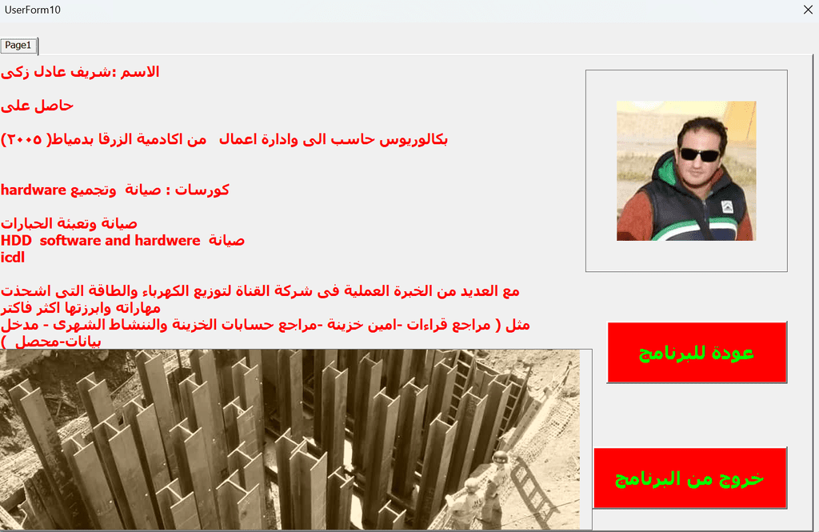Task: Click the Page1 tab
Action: coord(19,46)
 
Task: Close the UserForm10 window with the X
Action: coord(808,10)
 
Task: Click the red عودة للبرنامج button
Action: coord(697,353)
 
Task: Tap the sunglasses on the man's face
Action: coord(699,154)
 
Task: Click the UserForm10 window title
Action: coord(32,10)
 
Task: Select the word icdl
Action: coord(13,257)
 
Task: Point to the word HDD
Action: coord(16,240)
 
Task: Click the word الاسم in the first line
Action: coord(140,71)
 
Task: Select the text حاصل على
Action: coord(37,106)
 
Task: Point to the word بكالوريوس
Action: coord(413,139)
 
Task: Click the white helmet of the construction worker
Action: coord(500,458)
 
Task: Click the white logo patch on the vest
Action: coord(727,207)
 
